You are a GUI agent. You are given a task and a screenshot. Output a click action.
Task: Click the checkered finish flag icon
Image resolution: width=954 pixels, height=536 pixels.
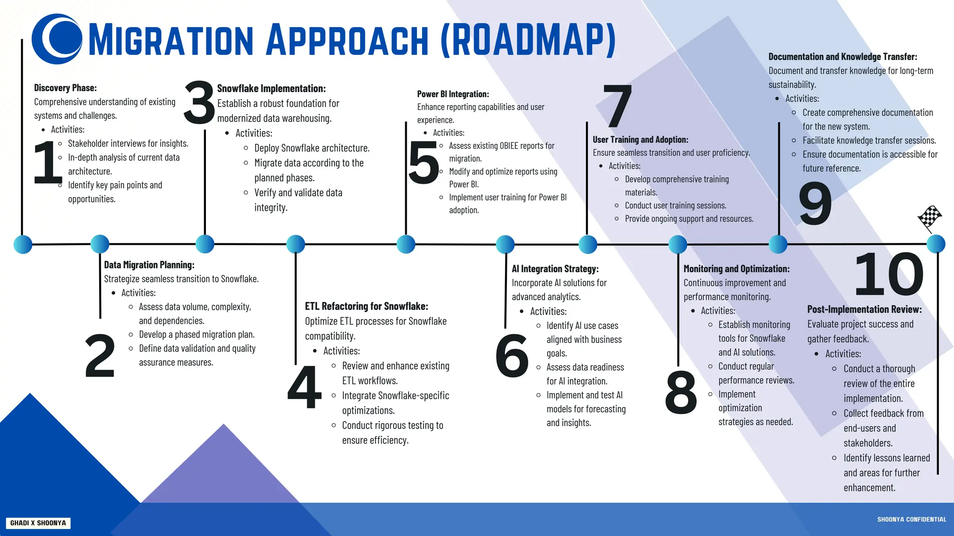pyautogui.click(x=930, y=218)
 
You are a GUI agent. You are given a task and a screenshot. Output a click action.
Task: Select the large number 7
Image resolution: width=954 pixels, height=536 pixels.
pyautogui.click(x=618, y=106)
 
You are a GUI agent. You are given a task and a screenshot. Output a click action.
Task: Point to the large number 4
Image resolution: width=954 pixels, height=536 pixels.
pyautogui.click(x=305, y=387)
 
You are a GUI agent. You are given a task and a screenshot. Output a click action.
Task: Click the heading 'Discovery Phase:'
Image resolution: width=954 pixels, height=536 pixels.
pyautogui.click(x=65, y=88)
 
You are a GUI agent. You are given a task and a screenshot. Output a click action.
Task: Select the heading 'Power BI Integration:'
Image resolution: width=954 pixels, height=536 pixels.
pyautogui.click(x=453, y=94)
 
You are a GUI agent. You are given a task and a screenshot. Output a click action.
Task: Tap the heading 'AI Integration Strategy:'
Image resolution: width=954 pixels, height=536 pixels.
pyautogui.click(x=555, y=269)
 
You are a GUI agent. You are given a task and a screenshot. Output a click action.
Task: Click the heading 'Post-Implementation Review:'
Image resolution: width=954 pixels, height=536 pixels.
pyautogui.click(x=864, y=309)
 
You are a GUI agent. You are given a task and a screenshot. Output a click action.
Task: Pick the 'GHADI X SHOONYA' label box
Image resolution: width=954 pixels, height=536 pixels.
pyautogui.click(x=38, y=523)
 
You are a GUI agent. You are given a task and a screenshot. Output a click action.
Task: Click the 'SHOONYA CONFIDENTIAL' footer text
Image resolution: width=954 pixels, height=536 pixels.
pyautogui.click(x=912, y=519)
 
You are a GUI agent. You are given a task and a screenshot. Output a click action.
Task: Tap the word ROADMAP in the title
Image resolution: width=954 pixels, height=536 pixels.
pyautogui.click(x=529, y=40)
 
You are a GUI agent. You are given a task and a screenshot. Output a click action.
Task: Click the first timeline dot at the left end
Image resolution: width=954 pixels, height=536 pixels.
pyautogui.click(x=23, y=244)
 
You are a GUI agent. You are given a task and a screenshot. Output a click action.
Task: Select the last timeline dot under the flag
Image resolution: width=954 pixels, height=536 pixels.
pyautogui.click(x=935, y=244)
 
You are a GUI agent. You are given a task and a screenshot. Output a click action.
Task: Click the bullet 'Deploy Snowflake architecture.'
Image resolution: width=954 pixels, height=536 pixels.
pyautogui.click(x=312, y=148)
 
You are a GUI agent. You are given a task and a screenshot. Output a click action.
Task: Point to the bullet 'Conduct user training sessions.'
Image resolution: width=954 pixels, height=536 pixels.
pyautogui.click(x=675, y=206)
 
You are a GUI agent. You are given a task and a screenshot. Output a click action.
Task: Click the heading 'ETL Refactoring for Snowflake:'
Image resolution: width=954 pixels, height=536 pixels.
pyautogui.click(x=366, y=306)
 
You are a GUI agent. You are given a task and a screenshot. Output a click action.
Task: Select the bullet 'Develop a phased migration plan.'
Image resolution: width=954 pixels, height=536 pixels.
pyautogui.click(x=197, y=335)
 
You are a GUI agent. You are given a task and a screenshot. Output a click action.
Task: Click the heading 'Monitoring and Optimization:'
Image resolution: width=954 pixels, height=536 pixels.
pyautogui.click(x=736, y=269)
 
